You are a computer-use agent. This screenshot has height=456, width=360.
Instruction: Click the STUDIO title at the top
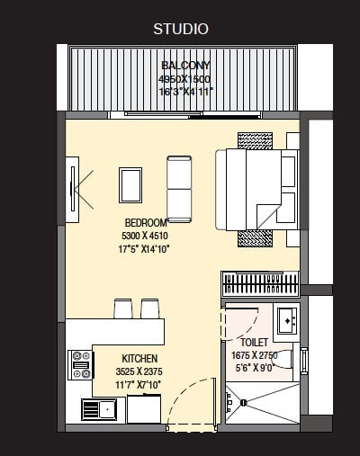click(x=180, y=30)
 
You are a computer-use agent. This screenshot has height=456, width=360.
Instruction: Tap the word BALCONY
click(x=186, y=66)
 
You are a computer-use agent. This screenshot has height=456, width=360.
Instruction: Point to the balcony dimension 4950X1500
click(x=186, y=78)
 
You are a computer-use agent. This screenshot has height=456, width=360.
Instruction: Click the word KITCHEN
click(x=132, y=356)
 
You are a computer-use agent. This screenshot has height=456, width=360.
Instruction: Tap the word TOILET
click(x=255, y=343)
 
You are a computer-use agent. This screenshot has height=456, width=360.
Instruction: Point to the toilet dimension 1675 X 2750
click(x=255, y=355)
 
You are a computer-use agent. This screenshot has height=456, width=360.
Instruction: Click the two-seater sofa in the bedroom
click(x=179, y=188)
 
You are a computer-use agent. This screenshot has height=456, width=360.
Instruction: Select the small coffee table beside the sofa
click(x=130, y=185)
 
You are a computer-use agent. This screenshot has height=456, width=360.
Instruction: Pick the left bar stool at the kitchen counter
click(x=122, y=308)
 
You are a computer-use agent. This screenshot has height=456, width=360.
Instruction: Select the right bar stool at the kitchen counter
click(x=150, y=308)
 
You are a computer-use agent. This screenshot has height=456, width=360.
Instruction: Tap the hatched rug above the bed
click(x=255, y=140)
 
